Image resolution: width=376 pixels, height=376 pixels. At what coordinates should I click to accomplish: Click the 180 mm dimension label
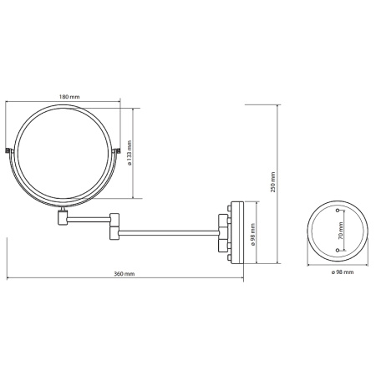click(69, 97)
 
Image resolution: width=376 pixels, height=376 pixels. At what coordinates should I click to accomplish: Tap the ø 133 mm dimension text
click(130, 153)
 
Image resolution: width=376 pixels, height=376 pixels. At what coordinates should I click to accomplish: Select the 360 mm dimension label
click(124, 274)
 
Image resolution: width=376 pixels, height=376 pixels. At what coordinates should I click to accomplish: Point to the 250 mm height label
click(272, 182)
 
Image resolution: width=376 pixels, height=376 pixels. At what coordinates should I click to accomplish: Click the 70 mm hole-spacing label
click(340, 230)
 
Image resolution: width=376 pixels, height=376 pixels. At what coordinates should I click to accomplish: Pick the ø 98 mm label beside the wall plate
click(253, 235)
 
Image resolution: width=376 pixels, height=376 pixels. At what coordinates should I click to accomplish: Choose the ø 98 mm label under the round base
click(343, 272)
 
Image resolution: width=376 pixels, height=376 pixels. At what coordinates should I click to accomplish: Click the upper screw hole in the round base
click(338, 211)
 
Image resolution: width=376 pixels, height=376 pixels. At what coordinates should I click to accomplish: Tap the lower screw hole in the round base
click(338, 251)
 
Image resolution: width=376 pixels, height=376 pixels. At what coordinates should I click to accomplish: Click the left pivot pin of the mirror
click(8, 150)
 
